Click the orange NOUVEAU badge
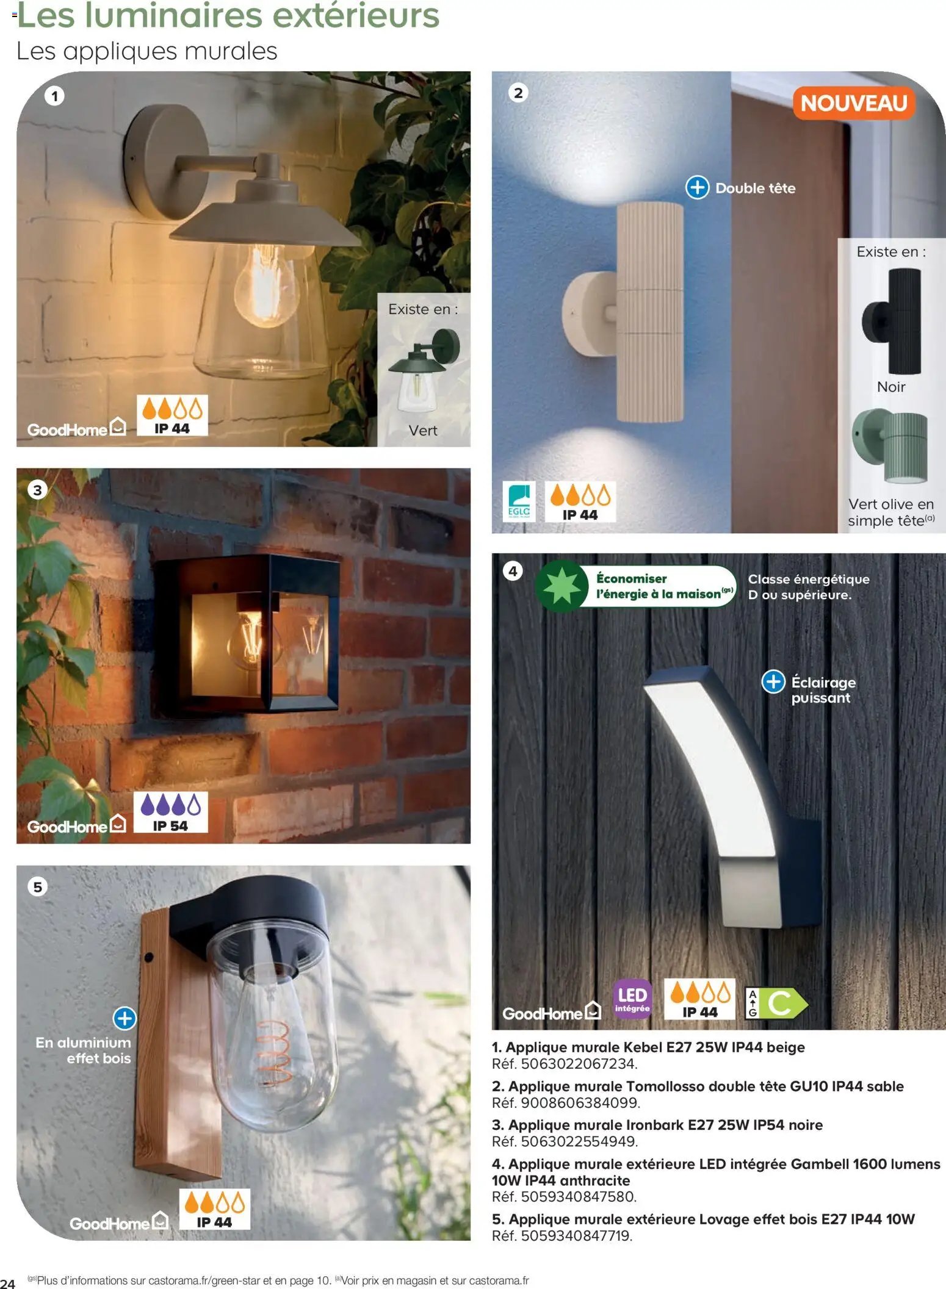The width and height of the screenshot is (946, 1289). coord(853,103)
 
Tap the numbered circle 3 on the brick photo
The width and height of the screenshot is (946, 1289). coord(38,490)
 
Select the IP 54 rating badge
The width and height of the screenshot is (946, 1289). coord(170,812)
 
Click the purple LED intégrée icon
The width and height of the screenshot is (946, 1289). coord(632,999)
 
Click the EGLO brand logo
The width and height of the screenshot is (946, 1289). coord(518,501)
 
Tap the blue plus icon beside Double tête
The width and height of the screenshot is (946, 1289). coord(697,188)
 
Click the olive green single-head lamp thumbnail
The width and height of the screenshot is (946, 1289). coord(891,445)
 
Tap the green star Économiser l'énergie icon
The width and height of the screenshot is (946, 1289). coord(561,586)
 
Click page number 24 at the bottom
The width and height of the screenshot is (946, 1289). coord(8,1284)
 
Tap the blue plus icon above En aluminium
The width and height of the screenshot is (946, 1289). coord(125,1018)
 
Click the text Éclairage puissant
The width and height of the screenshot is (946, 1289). coord(823,690)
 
